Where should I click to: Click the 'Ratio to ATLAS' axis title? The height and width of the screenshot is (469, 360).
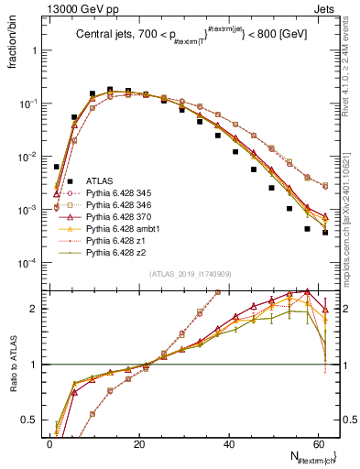pyautogui.click(x=14, y=365)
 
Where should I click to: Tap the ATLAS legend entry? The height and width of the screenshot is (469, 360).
pyautogui.click(x=99, y=181)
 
